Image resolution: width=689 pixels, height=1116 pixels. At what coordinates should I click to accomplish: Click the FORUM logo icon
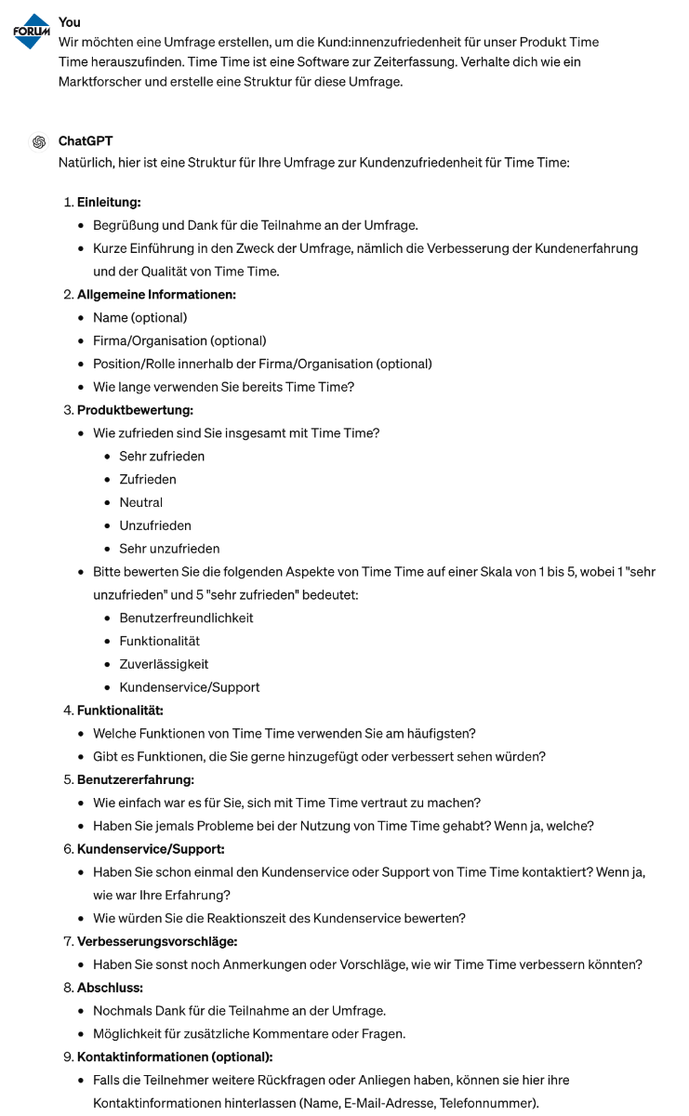click(32, 32)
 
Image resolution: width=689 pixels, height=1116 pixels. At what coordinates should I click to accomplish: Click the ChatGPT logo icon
click(39, 141)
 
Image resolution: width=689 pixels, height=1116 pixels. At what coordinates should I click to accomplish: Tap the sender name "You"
click(69, 21)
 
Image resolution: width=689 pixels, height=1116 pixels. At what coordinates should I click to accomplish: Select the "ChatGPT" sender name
click(86, 141)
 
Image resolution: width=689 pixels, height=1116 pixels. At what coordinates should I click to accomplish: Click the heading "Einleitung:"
click(109, 202)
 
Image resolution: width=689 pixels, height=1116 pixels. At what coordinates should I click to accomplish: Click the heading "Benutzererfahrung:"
click(135, 779)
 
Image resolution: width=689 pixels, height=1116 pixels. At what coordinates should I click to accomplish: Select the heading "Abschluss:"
click(109, 988)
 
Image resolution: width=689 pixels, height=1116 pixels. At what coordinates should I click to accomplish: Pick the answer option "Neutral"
click(140, 502)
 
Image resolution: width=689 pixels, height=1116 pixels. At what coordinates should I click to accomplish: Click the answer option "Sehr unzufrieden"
click(169, 549)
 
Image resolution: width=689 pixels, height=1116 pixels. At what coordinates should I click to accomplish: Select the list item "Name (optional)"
click(139, 318)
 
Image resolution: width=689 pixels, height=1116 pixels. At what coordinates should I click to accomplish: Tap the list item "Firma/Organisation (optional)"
click(179, 340)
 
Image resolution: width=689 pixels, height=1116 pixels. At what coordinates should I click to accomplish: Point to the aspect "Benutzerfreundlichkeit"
click(186, 618)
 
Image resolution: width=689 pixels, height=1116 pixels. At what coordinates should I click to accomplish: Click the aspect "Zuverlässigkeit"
click(164, 664)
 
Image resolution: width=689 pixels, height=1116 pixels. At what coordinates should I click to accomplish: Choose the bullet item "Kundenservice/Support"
click(189, 687)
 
